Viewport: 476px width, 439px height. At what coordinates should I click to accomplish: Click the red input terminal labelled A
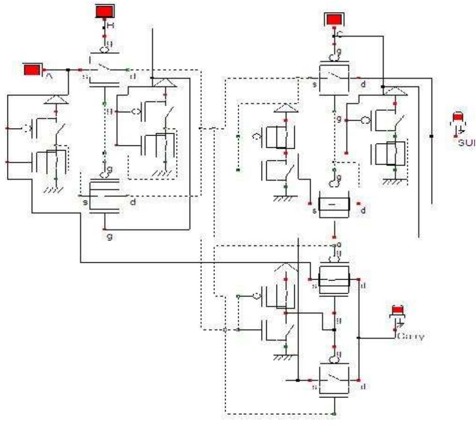pos(32,70)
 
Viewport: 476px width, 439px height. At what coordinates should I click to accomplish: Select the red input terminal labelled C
pos(332,20)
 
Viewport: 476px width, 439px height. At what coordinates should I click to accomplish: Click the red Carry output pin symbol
pos(397,311)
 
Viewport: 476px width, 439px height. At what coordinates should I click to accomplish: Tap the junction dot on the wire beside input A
pos(69,70)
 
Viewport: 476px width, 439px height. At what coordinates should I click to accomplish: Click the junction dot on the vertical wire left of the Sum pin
pos(431,136)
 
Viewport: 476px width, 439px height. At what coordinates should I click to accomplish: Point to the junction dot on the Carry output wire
pos(358,336)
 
